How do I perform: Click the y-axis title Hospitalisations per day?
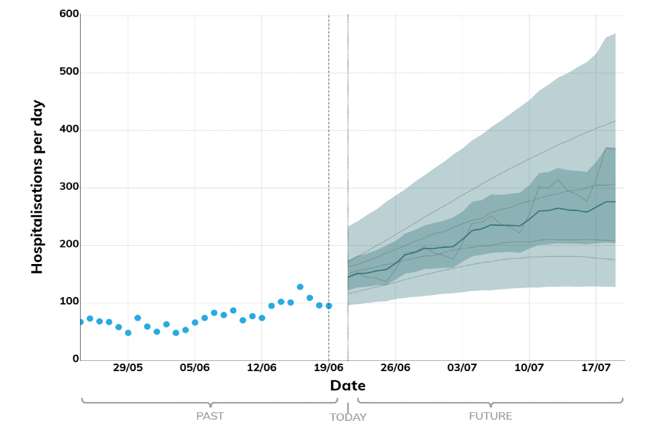pyautogui.click(x=37, y=187)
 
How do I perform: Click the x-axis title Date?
pyautogui.click(x=348, y=386)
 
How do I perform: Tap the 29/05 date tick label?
pyautogui.click(x=128, y=368)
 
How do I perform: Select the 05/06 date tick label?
pyautogui.click(x=194, y=368)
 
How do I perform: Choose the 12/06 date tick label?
pyautogui.click(x=262, y=368)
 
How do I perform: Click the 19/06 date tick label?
pyautogui.click(x=328, y=368)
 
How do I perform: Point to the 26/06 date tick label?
pyautogui.click(x=395, y=368)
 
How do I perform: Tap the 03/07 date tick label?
pyautogui.click(x=462, y=368)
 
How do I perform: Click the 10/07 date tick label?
pyautogui.click(x=529, y=368)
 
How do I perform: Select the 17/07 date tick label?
pyautogui.click(x=596, y=368)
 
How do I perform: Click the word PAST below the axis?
pyautogui.click(x=210, y=416)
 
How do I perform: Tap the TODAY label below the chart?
pyautogui.click(x=348, y=418)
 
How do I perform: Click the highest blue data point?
pyautogui.click(x=300, y=287)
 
